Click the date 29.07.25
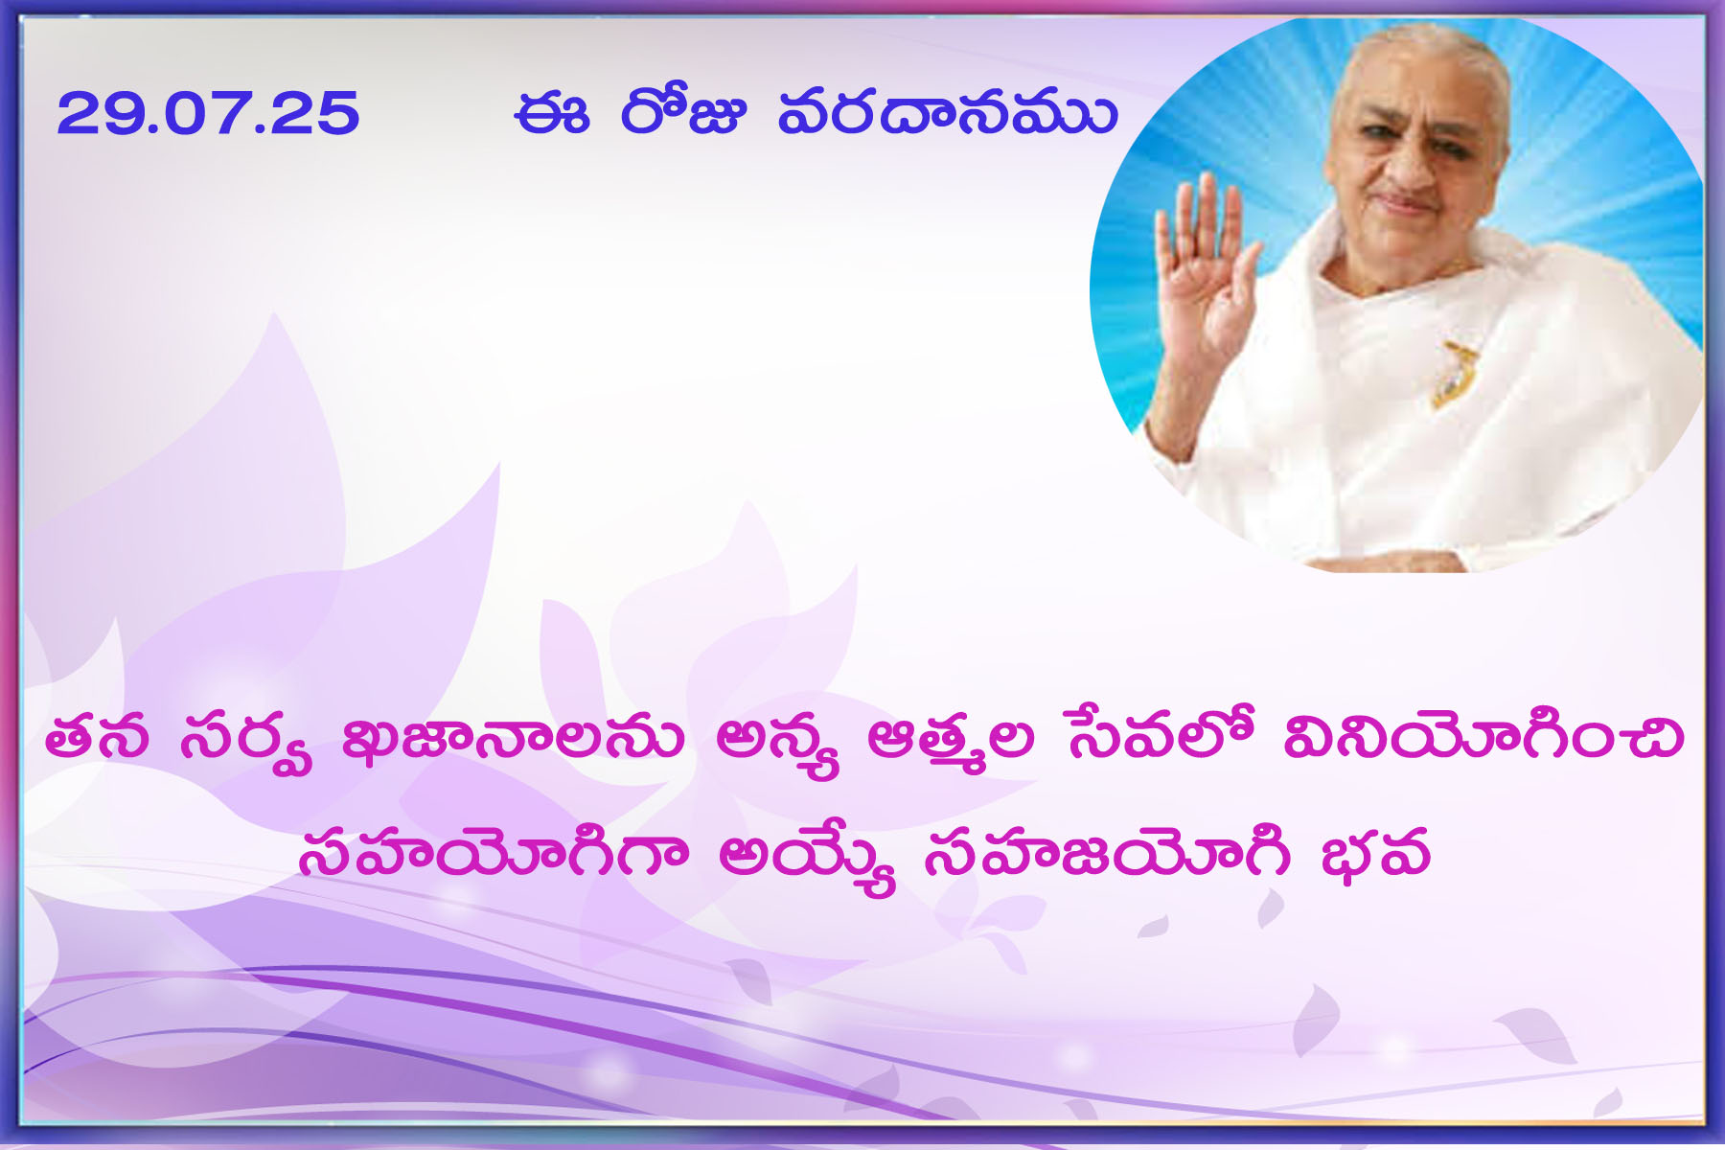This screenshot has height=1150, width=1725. tap(208, 113)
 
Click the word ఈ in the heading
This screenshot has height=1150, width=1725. tap(551, 113)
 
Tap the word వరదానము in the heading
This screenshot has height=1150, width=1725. tap(947, 113)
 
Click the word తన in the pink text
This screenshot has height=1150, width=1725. tap(97, 738)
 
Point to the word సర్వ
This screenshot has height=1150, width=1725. tap(246, 743)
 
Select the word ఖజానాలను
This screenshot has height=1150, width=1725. tap(514, 738)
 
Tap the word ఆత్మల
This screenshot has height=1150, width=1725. tap(951, 743)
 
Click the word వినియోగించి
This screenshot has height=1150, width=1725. tap(1483, 736)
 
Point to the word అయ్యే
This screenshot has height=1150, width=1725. tap(807, 858)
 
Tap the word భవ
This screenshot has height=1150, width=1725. tap(1375, 853)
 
